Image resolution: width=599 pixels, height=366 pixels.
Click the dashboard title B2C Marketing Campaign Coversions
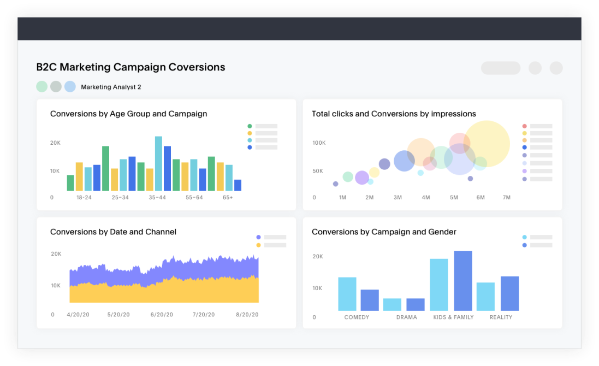click(x=131, y=67)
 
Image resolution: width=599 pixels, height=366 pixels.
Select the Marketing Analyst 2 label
click(x=111, y=87)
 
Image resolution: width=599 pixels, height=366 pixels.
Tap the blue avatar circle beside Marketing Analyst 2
click(x=70, y=86)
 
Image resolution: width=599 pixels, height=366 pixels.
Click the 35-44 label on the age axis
click(x=157, y=197)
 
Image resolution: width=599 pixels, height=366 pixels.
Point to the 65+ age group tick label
click(x=228, y=197)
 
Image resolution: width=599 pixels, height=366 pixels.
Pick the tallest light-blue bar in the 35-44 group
click(x=158, y=163)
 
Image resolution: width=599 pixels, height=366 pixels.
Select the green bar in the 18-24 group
click(x=70, y=183)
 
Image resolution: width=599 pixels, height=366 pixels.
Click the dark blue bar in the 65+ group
click(x=238, y=185)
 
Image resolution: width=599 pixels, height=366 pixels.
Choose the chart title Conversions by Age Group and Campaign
click(x=128, y=114)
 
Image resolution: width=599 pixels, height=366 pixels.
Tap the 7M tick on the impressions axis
click(x=507, y=197)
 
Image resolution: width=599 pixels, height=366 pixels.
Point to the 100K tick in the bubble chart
click(x=319, y=143)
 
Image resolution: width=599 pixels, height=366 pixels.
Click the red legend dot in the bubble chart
click(x=525, y=126)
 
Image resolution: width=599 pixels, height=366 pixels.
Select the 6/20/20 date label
click(x=162, y=315)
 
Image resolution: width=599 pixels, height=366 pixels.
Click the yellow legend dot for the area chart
click(x=258, y=245)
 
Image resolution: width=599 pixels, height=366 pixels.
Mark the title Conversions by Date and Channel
click(x=113, y=232)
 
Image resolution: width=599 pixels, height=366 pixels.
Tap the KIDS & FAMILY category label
click(x=453, y=317)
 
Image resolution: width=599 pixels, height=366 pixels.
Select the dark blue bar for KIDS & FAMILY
click(x=463, y=281)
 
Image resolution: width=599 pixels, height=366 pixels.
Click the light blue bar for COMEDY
click(x=347, y=294)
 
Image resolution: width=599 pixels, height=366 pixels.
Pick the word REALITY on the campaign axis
click(x=501, y=317)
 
